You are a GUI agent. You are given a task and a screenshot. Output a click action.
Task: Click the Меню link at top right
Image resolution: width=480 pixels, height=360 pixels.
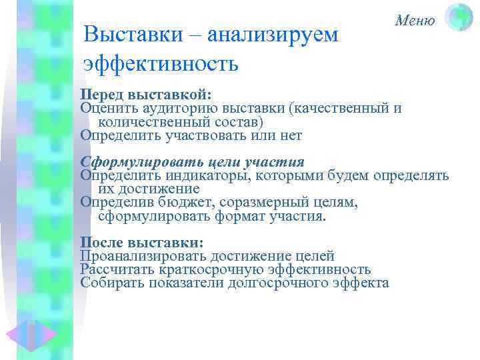415,20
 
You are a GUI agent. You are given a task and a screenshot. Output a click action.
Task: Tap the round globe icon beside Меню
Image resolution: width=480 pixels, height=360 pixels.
459,18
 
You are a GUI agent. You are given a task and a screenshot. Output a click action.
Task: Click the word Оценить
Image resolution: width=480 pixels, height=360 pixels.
107,108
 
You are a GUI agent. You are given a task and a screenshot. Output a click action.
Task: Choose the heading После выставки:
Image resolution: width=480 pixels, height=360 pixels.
141,242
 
